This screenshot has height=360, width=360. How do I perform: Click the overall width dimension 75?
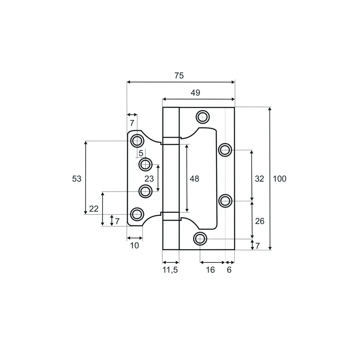[x=179, y=76]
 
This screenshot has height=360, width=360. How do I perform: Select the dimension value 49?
[x=195, y=93]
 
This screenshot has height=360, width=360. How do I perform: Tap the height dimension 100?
[x=279, y=179]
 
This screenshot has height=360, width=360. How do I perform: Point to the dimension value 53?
[x=77, y=179]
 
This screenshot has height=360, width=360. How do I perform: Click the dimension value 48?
[x=194, y=179]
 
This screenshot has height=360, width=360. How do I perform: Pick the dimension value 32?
[x=260, y=179]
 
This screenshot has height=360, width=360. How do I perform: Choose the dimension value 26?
[x=260, y=221]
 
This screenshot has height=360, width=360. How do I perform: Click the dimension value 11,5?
[x=170, y=270]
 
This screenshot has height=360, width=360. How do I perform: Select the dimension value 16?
[x=210, y=270]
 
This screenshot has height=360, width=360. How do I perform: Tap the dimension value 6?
[x=229, y=270]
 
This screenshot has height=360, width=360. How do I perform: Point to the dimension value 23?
[x=149, y=179]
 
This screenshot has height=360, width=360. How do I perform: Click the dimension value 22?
[x=94, y=209]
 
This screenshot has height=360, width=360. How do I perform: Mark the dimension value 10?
[x=134, y=246]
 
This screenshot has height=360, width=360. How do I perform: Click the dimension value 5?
[x=141, y=153]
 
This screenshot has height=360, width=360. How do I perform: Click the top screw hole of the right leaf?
[x=203, y=117]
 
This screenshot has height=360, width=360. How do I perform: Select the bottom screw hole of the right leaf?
[x=200, y=239]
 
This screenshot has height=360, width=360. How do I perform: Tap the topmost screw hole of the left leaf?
[x=137, y=141]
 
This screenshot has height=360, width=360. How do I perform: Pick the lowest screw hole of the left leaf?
[x=137, y=214]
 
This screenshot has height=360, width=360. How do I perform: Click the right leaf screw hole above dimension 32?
[x=225, y=150]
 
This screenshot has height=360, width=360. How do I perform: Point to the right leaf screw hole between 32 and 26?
[x=225, y=201]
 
